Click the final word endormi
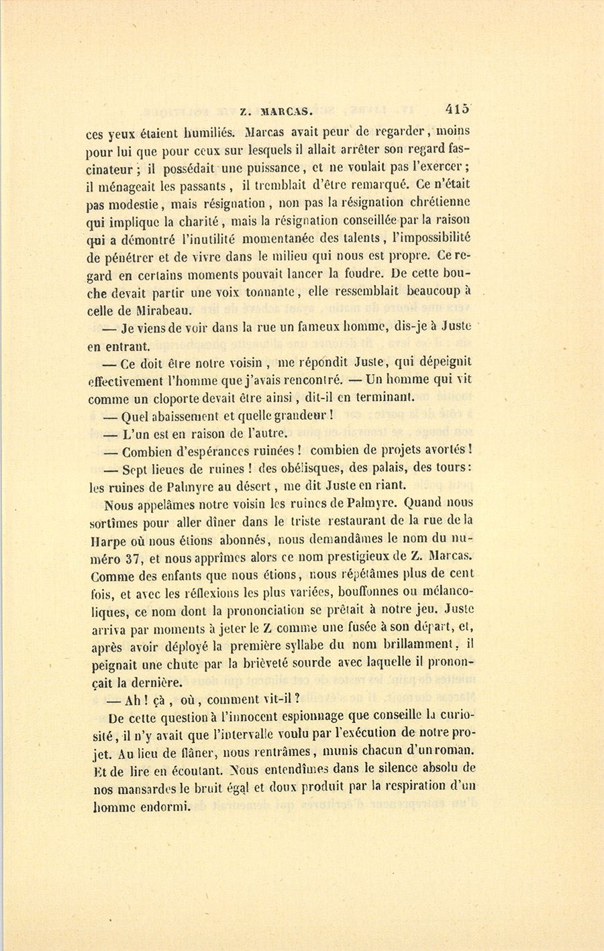point(165,806)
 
